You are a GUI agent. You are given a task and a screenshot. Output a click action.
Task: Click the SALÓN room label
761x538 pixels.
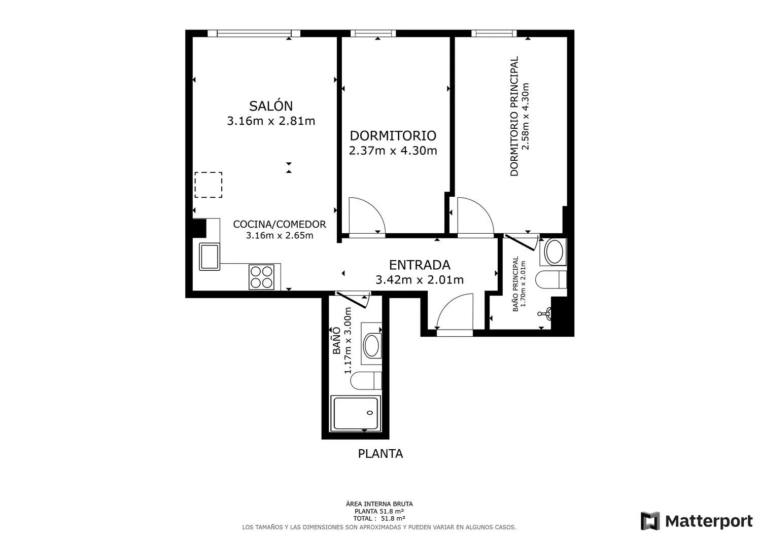coord(271,105)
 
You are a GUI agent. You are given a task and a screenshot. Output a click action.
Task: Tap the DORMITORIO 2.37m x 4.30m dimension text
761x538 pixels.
coord(393,151)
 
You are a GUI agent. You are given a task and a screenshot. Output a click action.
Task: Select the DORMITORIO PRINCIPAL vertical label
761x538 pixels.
coord(514,116)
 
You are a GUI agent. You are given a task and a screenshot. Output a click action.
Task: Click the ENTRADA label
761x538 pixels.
coord(420,265)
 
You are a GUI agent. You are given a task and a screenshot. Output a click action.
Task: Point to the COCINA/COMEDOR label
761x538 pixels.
coord(280,224)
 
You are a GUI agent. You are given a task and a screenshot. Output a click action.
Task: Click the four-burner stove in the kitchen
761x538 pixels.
coord(261,277)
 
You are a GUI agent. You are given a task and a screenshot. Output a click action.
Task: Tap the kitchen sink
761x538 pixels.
coord(209,257)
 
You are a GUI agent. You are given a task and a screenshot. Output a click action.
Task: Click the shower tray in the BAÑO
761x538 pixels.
coord(356,413)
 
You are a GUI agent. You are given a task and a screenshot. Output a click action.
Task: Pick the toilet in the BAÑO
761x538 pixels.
coord(366,380)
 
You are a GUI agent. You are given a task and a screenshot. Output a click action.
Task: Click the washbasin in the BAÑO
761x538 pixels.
coord(371,345)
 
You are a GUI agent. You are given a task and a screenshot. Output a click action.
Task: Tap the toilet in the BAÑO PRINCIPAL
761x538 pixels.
coord(550,279)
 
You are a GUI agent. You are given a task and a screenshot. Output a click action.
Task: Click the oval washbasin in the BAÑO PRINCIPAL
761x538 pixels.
coord(554,252)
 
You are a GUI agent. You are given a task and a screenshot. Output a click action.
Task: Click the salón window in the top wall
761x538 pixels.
coord(254,33)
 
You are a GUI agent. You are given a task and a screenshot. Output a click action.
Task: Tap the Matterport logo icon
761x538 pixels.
coord(650,521)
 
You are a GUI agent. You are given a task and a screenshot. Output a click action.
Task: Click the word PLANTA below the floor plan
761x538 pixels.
coord(380,453)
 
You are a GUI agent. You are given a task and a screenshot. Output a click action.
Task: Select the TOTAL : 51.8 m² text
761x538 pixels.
coord(379,518)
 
